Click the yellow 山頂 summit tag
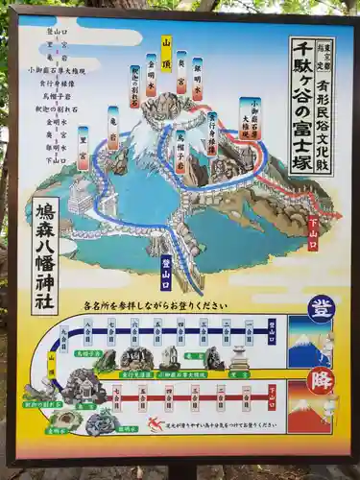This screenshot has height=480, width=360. pos(166,55)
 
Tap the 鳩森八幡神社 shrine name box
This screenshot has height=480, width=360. pos(45,255)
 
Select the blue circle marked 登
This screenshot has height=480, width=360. pos(321,308)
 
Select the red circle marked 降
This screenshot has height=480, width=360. pos(321,380)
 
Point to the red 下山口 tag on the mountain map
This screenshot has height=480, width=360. pos(312,233)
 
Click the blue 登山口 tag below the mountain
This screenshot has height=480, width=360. pos(166,272)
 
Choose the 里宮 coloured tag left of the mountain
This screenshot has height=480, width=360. pos(84,148)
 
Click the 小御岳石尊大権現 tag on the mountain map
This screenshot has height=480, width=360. pos(252,119)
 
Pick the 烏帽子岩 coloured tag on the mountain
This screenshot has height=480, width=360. pos(180,150)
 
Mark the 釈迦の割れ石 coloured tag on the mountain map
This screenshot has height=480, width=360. pos(134,86)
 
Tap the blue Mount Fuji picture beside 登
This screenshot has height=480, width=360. pos(309,343)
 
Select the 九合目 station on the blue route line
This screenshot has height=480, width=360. pos(65,337)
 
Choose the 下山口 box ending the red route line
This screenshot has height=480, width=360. pos(272,396)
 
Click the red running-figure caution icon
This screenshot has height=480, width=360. pos(156,423)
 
